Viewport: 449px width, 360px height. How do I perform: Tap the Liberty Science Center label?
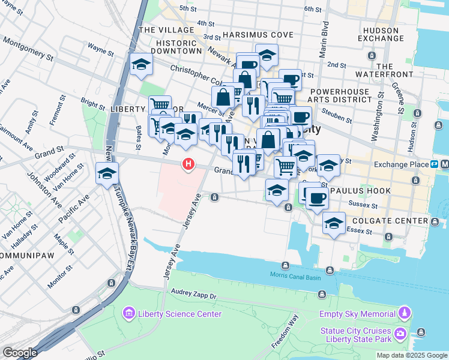pyautogui.click(x=179, y=314)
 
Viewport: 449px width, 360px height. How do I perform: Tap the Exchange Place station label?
pyautogui.click(x=399, y=164)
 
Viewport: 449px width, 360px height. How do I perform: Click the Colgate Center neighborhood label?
pyautogui.click(x=395, y=221)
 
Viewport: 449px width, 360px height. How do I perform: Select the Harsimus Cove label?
pyautogui.click(x=248, y=35)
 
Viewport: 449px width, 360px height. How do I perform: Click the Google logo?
pyautogui.click(x=20, y=353)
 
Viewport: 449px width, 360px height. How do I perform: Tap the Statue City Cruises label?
pyautogui.click(x=355, y=331)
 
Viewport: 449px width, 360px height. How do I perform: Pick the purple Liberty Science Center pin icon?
pyautogui.click(x=128, y=313)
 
